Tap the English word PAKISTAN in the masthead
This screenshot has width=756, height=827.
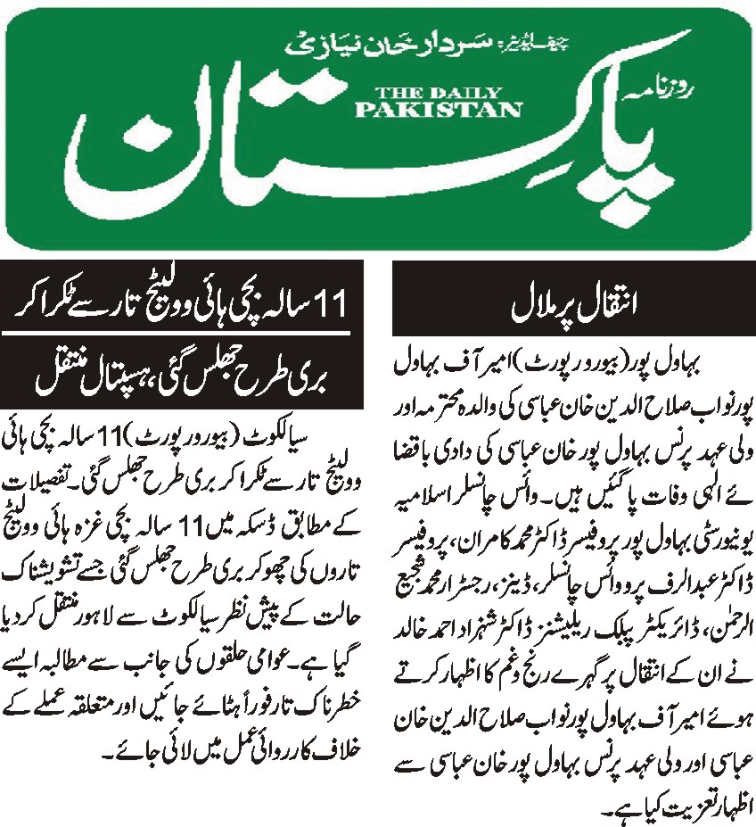[438, 109]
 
